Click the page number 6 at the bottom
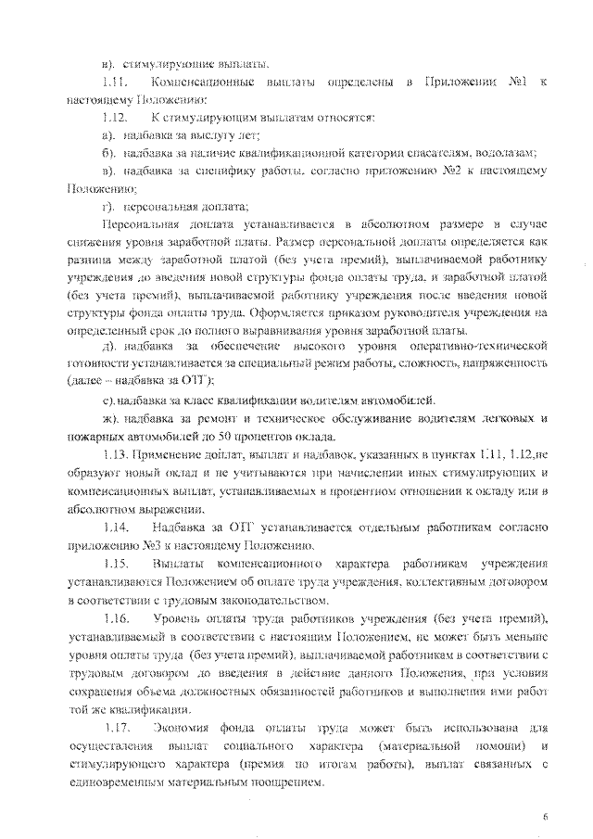[546, 815]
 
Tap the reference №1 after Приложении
[521, 84]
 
